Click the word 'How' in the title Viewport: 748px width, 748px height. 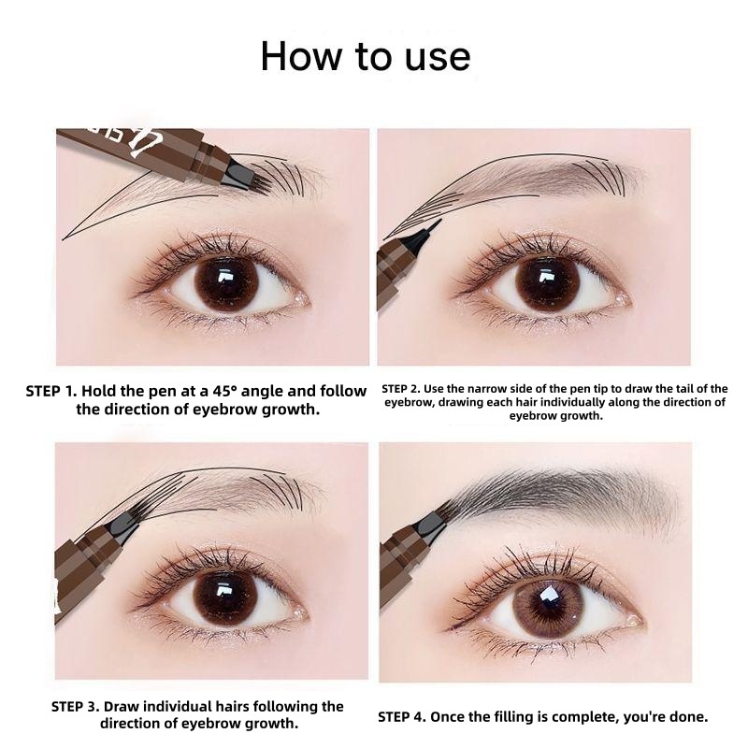[301, 56]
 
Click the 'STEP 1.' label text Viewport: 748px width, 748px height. [51, 391]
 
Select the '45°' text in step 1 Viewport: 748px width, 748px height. [225, 391]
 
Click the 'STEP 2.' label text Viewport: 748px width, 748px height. [401, 389]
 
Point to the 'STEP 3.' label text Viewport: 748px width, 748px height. [75, 706]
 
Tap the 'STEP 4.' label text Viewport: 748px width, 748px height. [402, 717]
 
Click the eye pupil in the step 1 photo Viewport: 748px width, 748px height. [226, 284]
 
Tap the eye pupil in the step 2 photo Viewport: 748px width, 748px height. [547, 284]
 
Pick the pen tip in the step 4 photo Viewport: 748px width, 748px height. [437, 519]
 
